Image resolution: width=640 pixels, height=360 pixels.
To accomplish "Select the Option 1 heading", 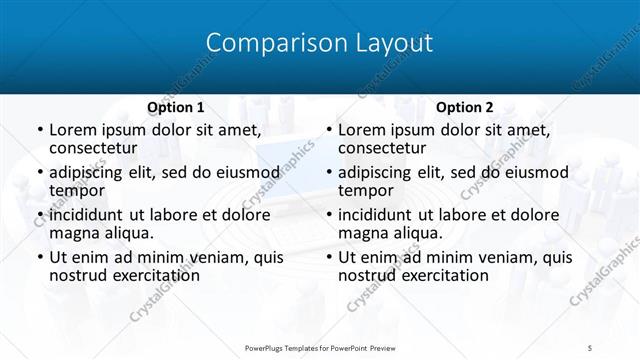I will point(175,107).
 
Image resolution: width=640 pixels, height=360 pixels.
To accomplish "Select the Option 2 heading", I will point(464,107).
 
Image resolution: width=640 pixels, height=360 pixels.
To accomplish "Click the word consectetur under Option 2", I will point(382,148).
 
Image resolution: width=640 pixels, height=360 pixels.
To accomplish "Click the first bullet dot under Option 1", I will point(39,131).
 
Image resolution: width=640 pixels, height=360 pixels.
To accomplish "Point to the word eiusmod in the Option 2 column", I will point(542,172).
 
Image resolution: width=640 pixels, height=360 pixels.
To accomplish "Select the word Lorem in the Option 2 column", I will point(363,130).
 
